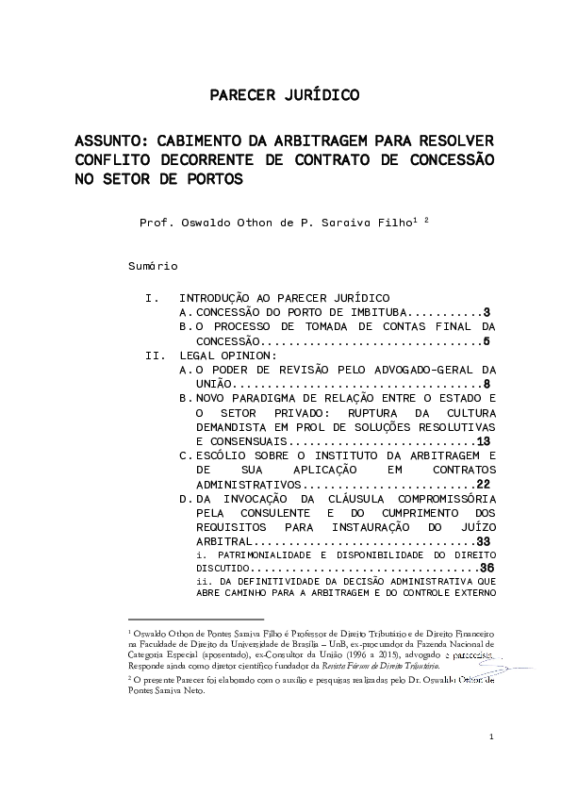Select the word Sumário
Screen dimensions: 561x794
pos(153,268)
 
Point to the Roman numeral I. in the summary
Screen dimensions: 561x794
pos(152,298)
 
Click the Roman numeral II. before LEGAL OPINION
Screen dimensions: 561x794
pos(155,356)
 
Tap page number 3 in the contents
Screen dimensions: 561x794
pos(487,312)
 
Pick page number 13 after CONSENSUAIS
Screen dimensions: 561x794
pos(483,441)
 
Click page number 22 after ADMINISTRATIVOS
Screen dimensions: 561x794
pos(483,484)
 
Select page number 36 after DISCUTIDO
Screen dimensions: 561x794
pos(487,569)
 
